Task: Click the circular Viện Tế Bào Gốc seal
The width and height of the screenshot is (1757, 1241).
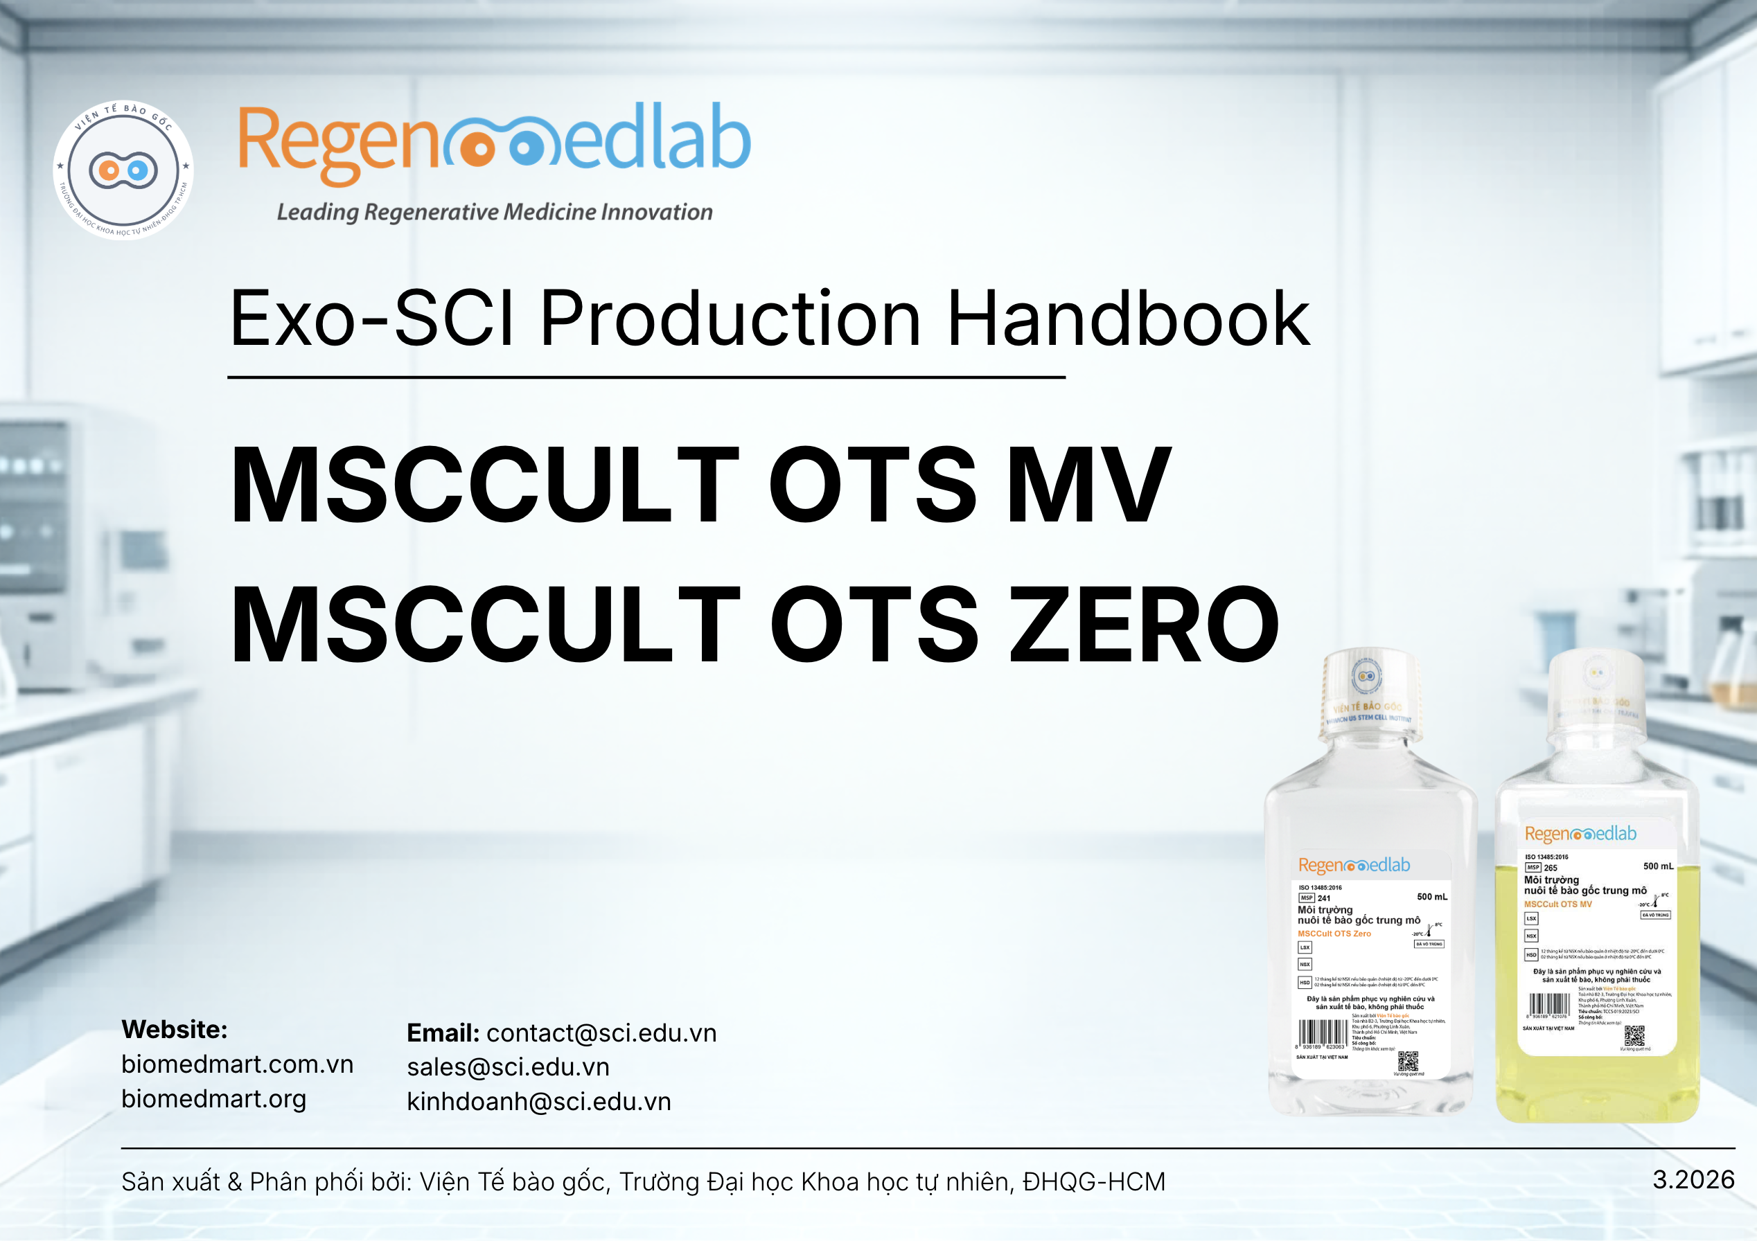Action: click(x=123, y=170)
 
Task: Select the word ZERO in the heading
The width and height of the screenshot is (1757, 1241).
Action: click(x=1145, y=623)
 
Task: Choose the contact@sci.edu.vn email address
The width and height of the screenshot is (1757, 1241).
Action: click(x=601, y=1033)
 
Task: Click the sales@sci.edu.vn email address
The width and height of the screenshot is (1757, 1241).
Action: click(x=508, y=1066)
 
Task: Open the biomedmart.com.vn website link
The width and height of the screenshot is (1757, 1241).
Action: click(x=237, y=1064)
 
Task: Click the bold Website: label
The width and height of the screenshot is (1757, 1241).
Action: click(x=175, y=1029)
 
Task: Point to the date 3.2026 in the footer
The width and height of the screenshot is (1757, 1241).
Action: click(x=1693, y=1179)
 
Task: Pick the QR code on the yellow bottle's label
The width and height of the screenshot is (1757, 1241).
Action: click(x=1634, y=1036)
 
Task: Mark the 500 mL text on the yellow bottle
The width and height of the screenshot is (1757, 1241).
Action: click(x=1657, y=866)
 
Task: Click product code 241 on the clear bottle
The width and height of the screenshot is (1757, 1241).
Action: click(x=1324, y=898)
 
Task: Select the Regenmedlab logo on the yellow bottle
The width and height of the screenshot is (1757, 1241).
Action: click(x=1580, y=833)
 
